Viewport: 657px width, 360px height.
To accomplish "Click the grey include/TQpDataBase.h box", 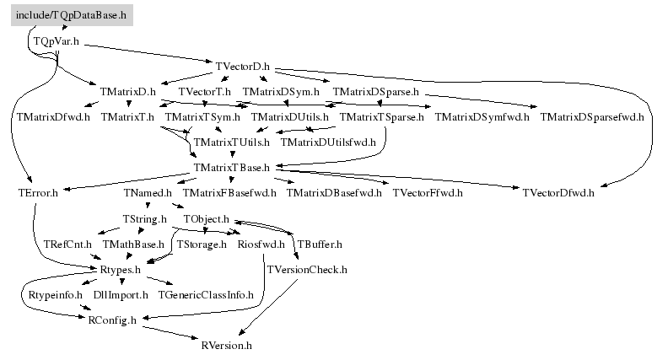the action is (72, 15).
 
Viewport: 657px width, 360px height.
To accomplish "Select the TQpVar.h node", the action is (57, 41).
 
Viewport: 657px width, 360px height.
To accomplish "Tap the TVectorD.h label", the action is (243, 67).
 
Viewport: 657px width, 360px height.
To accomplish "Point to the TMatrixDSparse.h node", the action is (376, 92).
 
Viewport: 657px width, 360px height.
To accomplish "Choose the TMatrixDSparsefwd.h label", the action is (591, 117).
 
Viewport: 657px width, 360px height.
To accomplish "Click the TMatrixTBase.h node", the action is (231, 167).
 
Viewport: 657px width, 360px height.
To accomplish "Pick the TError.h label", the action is (38, 193).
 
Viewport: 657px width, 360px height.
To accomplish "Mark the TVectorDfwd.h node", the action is (558, 193).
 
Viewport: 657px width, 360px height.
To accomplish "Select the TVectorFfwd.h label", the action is (428, 193).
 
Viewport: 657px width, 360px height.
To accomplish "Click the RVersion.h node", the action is (226, 346).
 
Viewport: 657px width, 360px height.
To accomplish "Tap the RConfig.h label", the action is (112, 320).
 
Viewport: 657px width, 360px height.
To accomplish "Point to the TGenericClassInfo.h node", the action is (206, 295).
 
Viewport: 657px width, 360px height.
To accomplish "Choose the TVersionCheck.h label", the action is (307, 270).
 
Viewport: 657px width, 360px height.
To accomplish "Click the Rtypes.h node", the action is (121, 270).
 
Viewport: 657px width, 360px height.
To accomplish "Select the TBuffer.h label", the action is (320, 244).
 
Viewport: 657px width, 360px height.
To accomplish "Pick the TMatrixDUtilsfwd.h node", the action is (328, 142).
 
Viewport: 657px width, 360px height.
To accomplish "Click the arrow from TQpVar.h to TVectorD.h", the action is (148, 53).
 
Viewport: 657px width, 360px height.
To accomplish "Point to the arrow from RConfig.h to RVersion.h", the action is (170, 333).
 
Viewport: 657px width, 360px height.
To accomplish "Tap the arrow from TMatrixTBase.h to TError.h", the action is (128, 181).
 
